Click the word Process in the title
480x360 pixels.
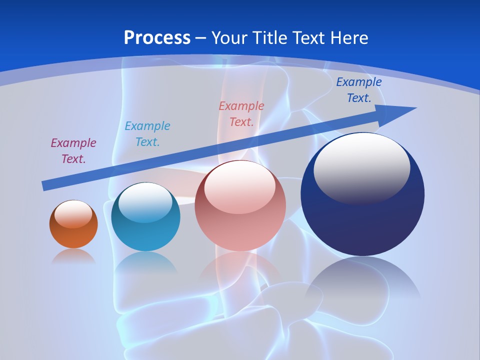pos(157,38)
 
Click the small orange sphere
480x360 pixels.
pos(73,224)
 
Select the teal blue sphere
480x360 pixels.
pos(145,217)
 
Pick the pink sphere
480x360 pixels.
pos(240,206)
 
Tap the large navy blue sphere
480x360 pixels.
pos(362,195)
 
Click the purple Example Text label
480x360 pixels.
pos(73,151)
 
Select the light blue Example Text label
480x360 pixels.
pos(147,134)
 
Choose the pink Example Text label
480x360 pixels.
pos(241,114)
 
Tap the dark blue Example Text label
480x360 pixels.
pos(359,90)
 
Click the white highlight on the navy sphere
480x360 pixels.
pos(362,167)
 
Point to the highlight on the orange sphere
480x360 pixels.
pos(73,214)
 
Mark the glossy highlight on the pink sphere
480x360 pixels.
pos(240,186)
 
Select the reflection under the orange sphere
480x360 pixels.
pos(73,256)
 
